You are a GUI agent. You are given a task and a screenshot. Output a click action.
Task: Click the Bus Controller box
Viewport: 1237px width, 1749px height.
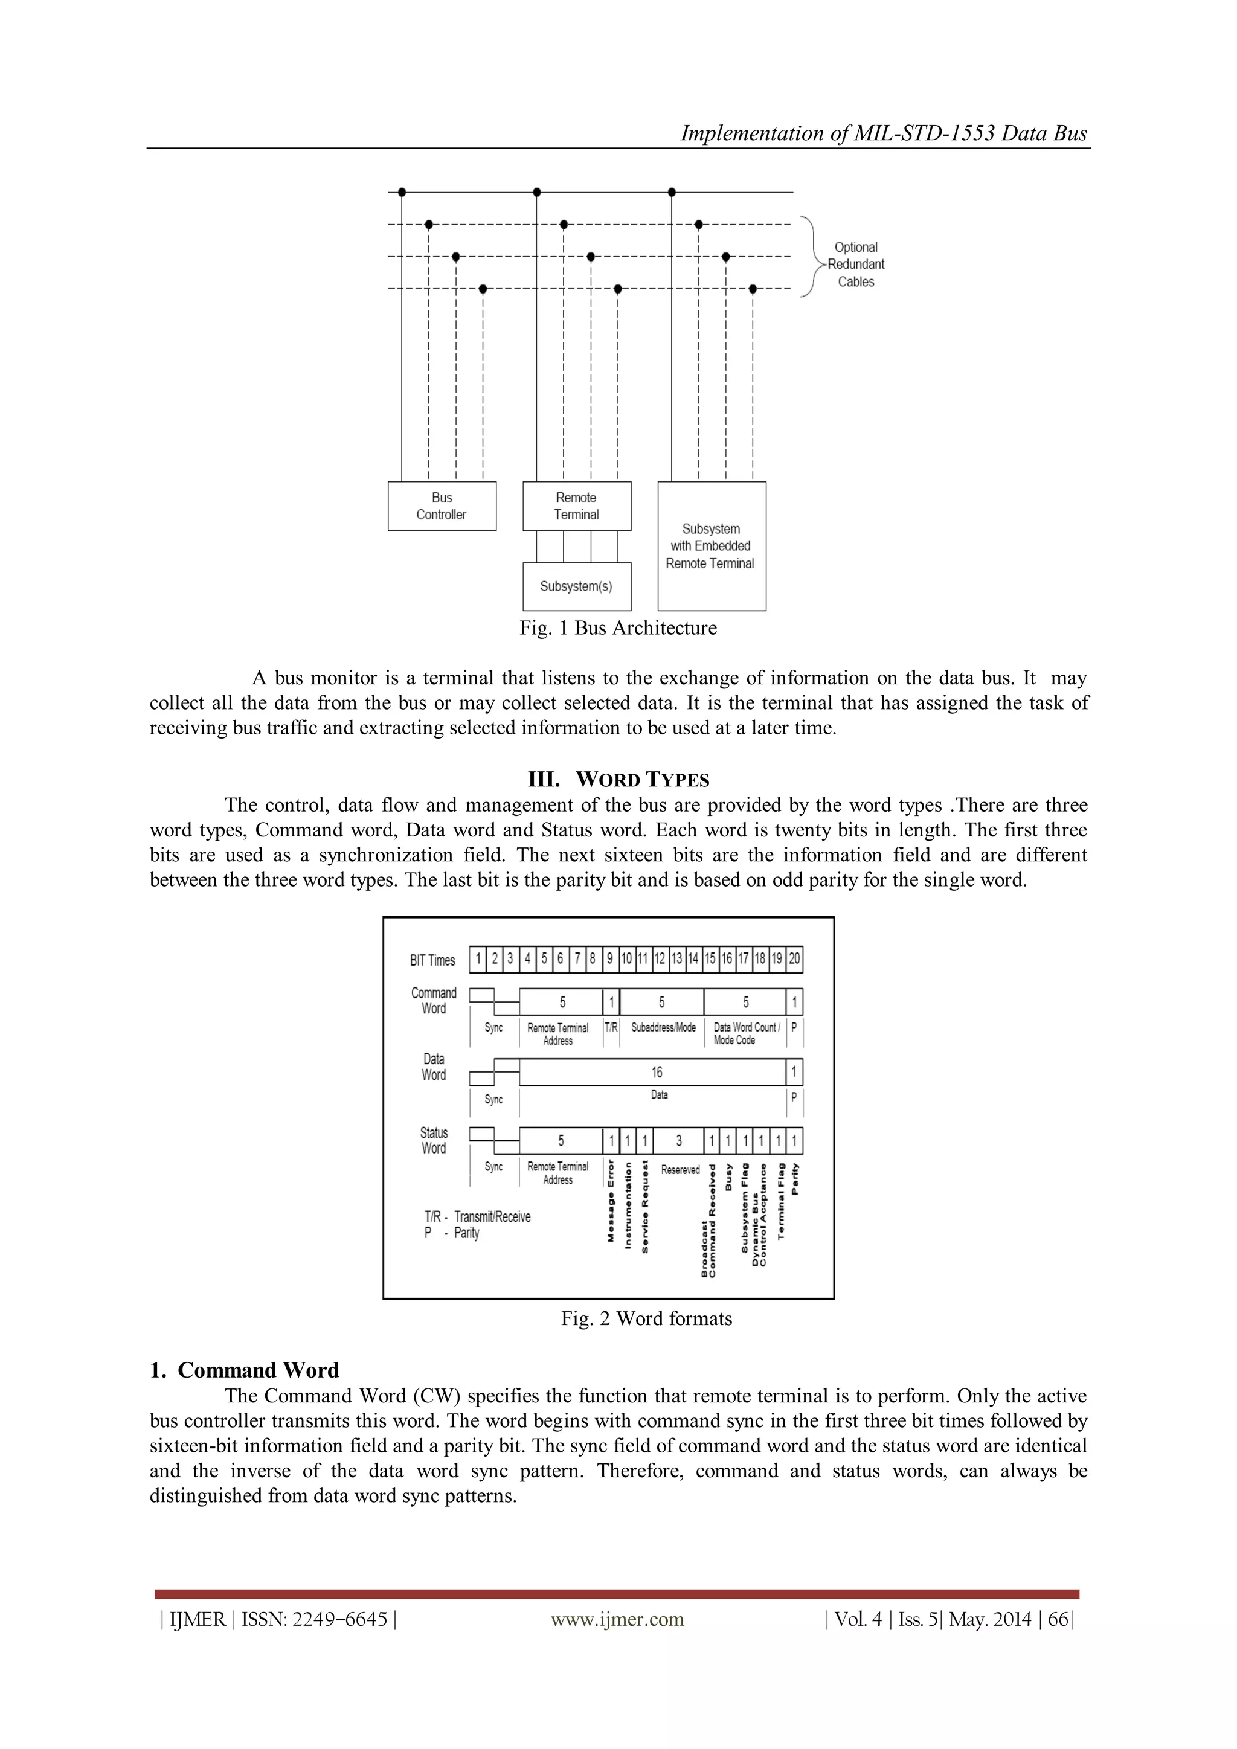coord(442,506)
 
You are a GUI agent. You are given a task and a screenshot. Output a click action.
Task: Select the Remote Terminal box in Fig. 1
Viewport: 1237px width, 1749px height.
coord(577,506)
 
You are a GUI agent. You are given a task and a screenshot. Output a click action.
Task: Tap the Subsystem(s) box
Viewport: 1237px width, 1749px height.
coord(577,586)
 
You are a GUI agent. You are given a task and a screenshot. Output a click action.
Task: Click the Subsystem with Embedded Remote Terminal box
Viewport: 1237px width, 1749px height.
coord(712,546)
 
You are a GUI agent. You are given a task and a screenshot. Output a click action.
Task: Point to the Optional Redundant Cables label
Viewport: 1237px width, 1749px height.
coord(856,265)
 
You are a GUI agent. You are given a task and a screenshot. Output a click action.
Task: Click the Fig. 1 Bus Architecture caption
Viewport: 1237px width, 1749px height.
coord(618,629)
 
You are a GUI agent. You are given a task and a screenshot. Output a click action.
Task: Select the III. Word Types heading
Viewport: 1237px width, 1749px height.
coord(618,780)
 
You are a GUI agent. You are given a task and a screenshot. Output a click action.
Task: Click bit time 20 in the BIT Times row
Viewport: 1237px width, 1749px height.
coord(794,959)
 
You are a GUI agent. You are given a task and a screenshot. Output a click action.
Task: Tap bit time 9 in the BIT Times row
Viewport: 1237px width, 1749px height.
coord(610,959)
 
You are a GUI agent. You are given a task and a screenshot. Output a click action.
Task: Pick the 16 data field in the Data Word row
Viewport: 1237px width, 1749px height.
coord(656,1073)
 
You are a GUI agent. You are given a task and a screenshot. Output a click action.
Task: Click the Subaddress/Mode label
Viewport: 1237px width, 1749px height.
coord(663,1028)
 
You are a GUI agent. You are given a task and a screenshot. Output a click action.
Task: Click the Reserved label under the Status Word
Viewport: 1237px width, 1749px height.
coord(680,1170)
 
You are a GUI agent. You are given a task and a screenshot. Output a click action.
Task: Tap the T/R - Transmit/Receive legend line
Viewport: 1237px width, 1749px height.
coord(478,1216)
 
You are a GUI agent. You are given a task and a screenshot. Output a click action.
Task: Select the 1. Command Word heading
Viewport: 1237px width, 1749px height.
coord(245,1370)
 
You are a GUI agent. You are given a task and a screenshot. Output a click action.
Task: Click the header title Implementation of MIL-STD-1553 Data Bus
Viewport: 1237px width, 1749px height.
coord(884,133)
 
